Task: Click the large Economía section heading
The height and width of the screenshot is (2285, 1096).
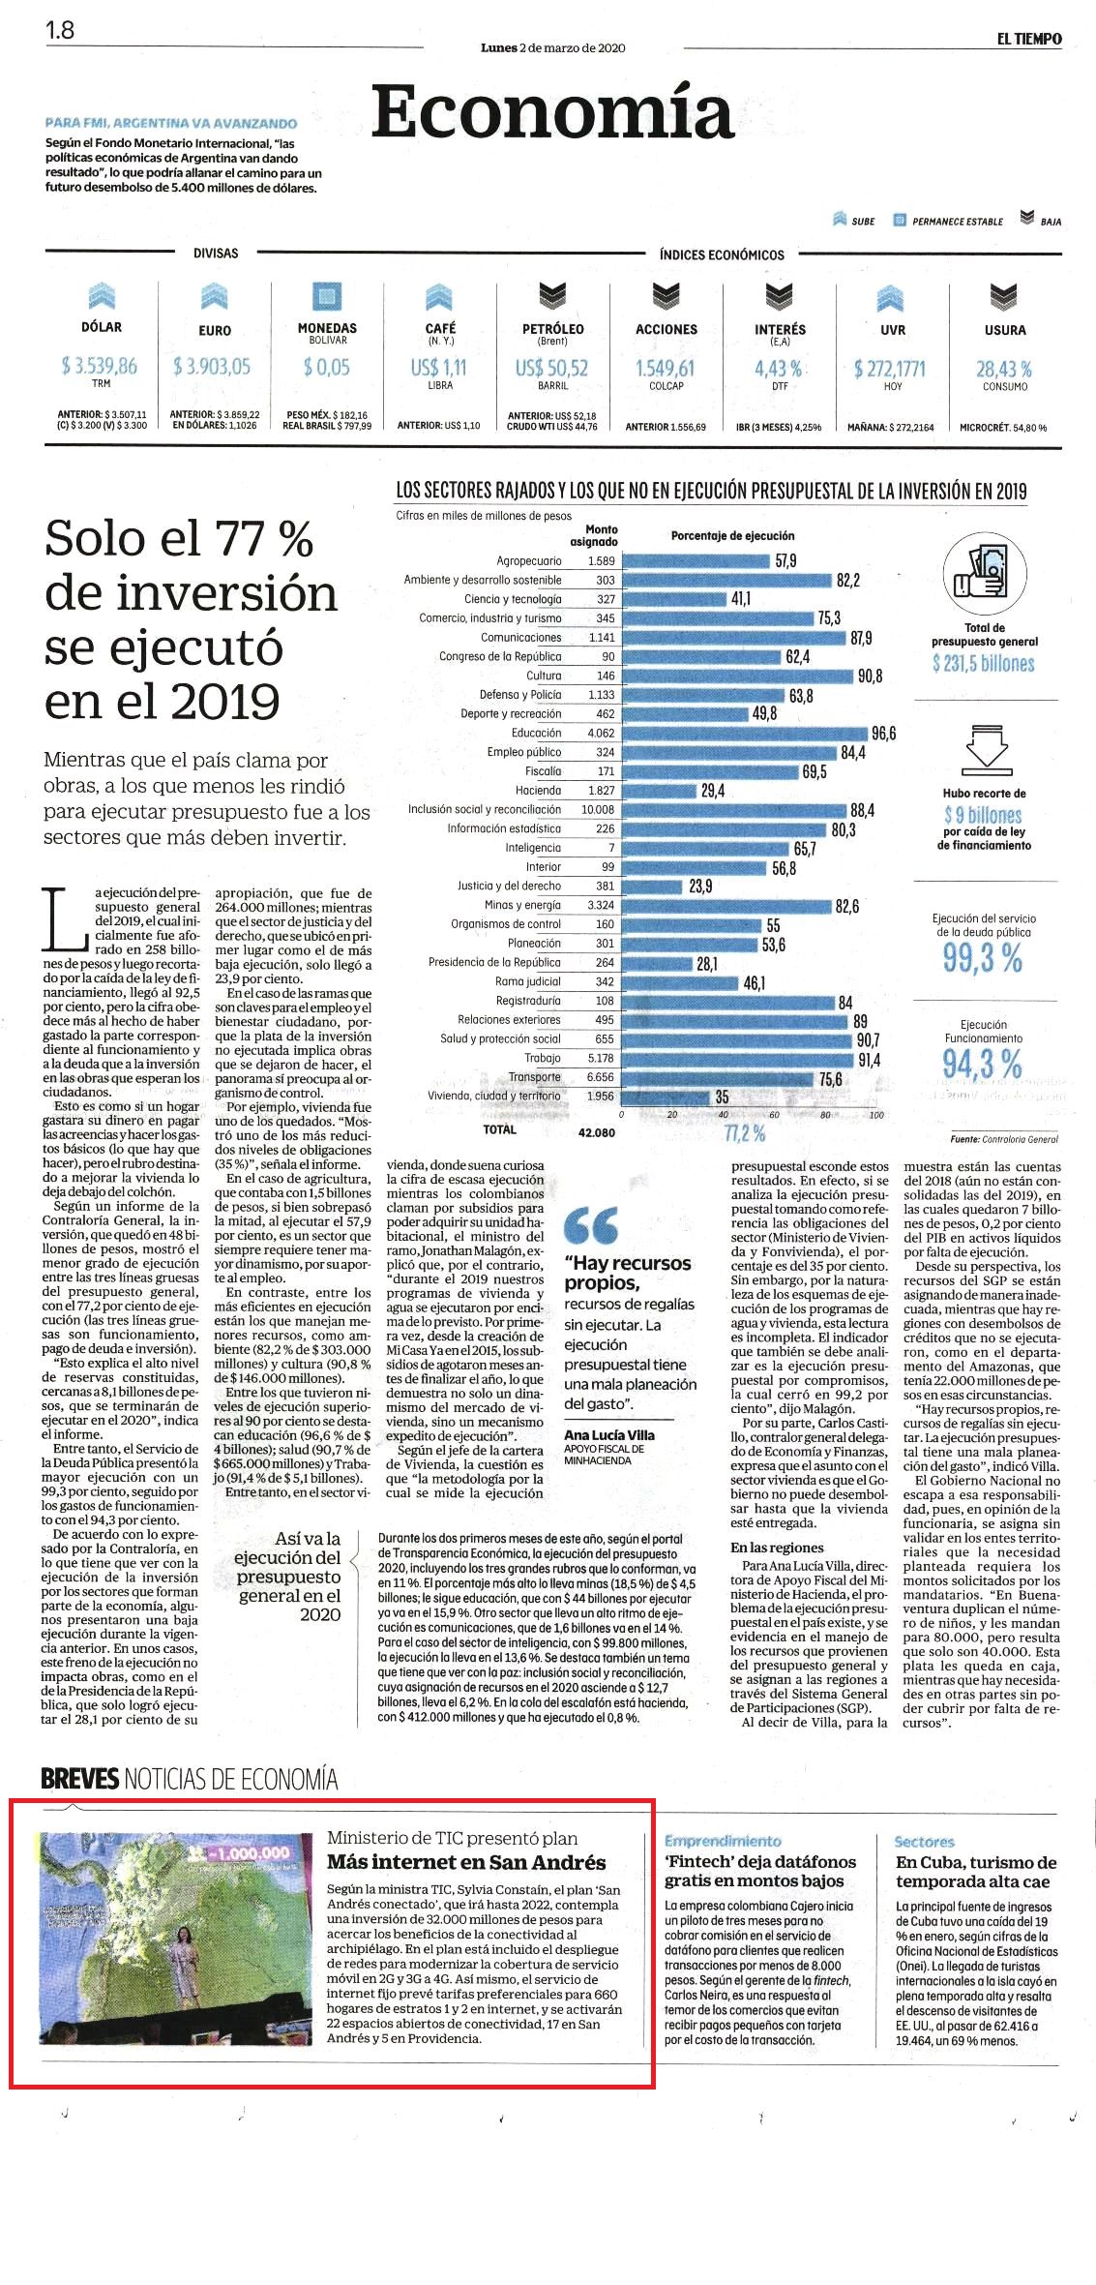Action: point(552,112)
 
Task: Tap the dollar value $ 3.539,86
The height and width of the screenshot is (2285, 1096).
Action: point(100,366)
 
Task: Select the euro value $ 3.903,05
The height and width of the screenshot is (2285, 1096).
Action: point(212,366)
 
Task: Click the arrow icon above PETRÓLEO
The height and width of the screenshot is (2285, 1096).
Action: point(552,295)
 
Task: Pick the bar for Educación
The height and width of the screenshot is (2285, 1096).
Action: point(744,734)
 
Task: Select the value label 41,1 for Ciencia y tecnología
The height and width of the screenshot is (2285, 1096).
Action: point(740,599)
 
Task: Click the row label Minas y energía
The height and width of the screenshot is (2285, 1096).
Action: point(522,905)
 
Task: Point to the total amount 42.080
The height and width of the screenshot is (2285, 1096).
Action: point(597,1132)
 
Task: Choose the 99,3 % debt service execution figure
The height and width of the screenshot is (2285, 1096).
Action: point(983,958)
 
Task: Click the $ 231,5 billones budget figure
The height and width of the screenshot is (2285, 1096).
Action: point(984,664)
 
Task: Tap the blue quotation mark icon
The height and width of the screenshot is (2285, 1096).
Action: point(591,1225)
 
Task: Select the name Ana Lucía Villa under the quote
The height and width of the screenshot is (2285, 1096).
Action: point(609,1435)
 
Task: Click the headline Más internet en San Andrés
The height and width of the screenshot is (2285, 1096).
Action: point(466,1862)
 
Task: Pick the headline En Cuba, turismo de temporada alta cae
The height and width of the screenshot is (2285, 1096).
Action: point(976,1872)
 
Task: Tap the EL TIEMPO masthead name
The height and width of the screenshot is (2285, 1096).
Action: point(1029,39)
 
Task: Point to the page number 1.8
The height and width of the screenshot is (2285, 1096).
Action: point(60,30)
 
